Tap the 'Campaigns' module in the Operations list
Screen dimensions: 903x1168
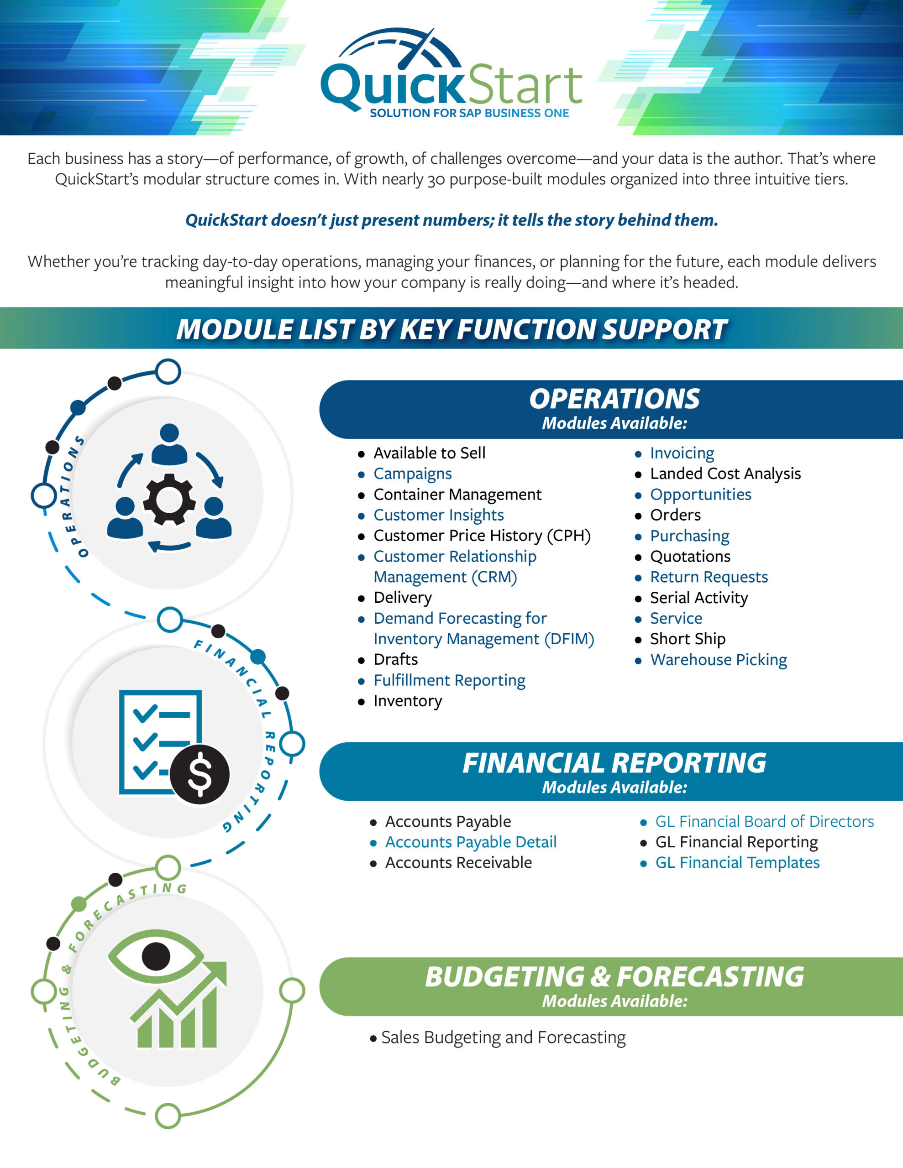click(412, 474)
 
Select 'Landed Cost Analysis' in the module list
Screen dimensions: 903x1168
click(725, 474)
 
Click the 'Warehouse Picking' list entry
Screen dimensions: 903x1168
click(718, 660)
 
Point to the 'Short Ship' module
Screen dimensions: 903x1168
click(688, 639)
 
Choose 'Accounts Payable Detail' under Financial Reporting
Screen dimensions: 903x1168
click(471, 842)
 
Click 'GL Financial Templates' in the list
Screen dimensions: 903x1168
click(738, 863)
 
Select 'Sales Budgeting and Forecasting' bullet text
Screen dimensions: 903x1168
click(503, 1038)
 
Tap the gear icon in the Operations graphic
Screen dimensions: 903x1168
click(169, 499)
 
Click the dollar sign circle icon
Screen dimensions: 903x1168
click(199, 774)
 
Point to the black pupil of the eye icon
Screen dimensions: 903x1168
click(156, 956)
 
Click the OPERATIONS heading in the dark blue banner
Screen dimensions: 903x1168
click(614, 399)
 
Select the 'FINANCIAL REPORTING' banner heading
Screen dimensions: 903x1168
click(614, 763)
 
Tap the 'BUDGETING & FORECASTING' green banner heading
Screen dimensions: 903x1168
click(614, 977)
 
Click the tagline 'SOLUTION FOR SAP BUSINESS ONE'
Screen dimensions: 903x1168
click(469, 113)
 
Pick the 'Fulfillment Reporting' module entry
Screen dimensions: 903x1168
click(449, 680)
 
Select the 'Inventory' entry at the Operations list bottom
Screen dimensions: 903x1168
click(408, 701)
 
